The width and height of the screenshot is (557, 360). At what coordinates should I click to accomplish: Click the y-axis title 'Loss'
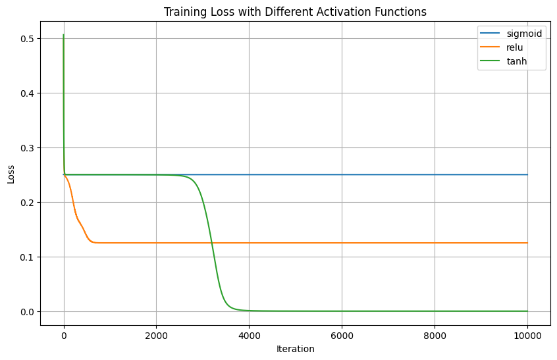tap(11, 174)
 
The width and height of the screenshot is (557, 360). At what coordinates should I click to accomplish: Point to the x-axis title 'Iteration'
tap(296, 349)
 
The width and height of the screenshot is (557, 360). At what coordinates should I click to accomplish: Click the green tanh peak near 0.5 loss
tap(63, 35)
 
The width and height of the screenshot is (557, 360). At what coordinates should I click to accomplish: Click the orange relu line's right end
tap(527, 243)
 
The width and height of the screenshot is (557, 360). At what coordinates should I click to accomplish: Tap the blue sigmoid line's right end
tap(527, 174)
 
